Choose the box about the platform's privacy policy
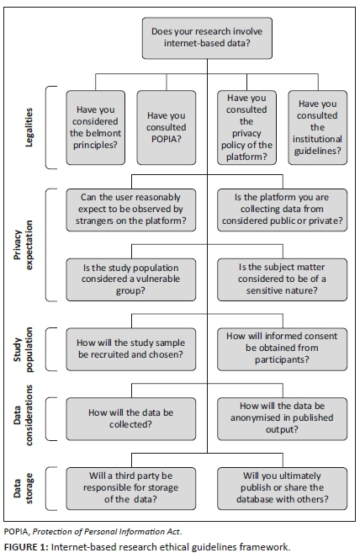(x=246, y=127)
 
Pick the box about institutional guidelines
(x=316, y=127)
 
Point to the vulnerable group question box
(x=134, y=277)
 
